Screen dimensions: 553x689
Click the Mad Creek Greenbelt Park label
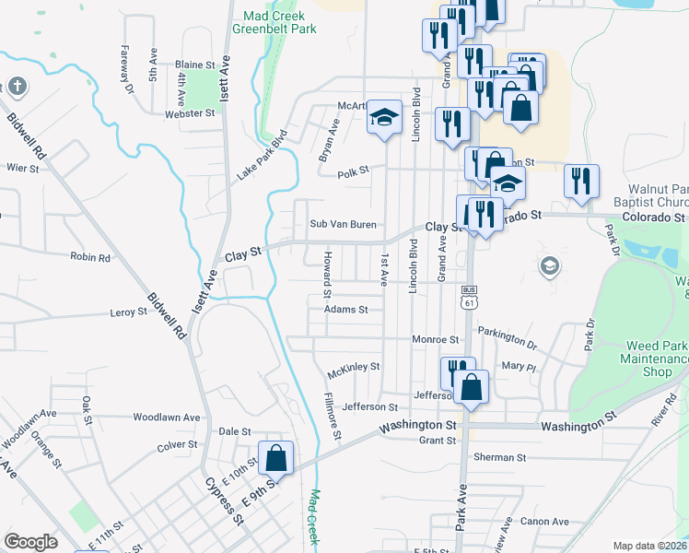279,22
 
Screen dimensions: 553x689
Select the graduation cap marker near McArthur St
385,118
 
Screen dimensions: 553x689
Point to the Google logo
30,542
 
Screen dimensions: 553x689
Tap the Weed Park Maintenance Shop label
656,359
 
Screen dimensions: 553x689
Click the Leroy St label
129,312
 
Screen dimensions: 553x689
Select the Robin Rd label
90,258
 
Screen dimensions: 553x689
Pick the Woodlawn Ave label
167,417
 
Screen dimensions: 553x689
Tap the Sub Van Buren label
343,224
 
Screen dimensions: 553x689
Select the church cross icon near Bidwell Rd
18,88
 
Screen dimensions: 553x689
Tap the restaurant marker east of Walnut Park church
581,182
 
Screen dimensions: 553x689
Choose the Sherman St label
499,457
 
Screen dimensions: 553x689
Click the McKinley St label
354,367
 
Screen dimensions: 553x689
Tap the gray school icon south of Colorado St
550,266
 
